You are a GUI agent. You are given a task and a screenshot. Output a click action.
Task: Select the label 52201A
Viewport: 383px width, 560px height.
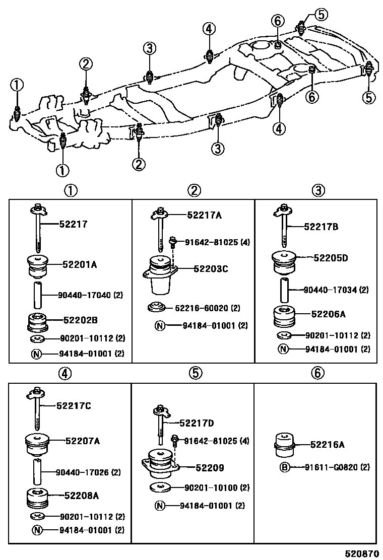click(80, 263)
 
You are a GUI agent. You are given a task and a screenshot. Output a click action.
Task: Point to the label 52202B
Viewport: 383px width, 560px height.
click(80, 320)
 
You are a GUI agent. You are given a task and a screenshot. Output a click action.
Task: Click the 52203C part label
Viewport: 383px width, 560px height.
click(211, 269)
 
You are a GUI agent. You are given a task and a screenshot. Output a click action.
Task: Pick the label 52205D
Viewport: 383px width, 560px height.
click(331, 258)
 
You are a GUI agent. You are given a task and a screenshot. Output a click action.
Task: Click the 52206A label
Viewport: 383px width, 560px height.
click(328, 314)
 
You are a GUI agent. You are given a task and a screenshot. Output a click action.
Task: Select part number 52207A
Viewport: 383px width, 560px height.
click(82, 441)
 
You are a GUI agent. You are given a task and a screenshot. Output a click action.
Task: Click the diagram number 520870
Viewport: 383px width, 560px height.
click(361, 552)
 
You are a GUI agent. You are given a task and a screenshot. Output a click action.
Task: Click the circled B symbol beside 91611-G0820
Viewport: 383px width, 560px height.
click(285, 467)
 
